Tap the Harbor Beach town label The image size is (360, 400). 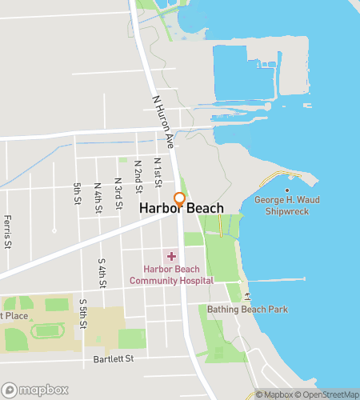click(x=182, y=208)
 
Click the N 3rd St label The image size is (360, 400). click(x=118, y=194)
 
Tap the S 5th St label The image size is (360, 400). click(x=83, y=314)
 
